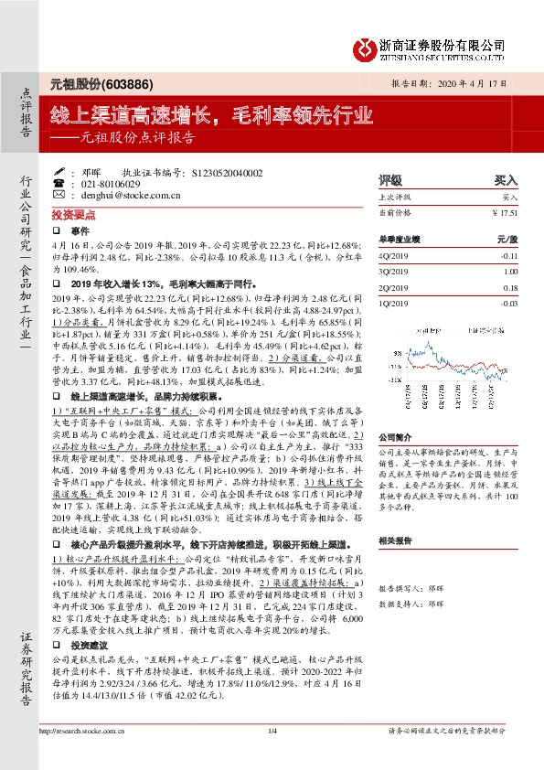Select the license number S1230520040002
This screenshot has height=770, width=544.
(228, 173)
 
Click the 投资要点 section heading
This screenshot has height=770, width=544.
(69, 212)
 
